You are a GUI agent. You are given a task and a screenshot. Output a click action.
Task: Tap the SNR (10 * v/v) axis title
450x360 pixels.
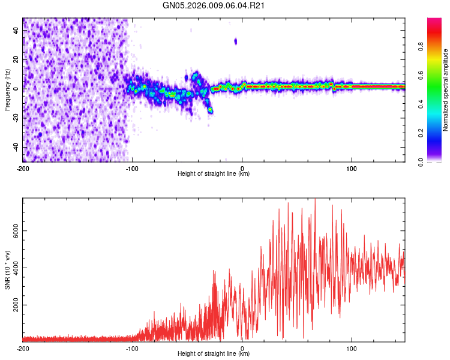[7, 270]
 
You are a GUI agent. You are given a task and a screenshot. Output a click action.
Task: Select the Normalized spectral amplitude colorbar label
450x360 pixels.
[446, 90]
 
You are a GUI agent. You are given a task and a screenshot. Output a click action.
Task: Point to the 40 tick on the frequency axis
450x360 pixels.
[16, 30]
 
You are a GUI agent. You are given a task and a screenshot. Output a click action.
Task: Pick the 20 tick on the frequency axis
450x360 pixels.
[16, 59]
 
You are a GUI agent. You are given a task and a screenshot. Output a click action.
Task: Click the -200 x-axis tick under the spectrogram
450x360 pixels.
[23, 169]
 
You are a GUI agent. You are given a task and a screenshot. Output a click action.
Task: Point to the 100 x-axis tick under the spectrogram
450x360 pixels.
[352, 169]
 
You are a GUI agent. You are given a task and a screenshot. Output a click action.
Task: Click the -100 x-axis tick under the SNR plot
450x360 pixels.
[133, 348]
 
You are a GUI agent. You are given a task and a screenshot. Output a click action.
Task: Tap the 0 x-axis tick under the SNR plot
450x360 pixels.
[242, 348]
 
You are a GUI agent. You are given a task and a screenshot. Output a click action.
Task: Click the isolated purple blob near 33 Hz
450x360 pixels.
[236, 41]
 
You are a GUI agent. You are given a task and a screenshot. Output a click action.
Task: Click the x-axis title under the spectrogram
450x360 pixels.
[214, 174]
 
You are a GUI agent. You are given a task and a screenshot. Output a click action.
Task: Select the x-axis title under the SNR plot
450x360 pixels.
[214, 353]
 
